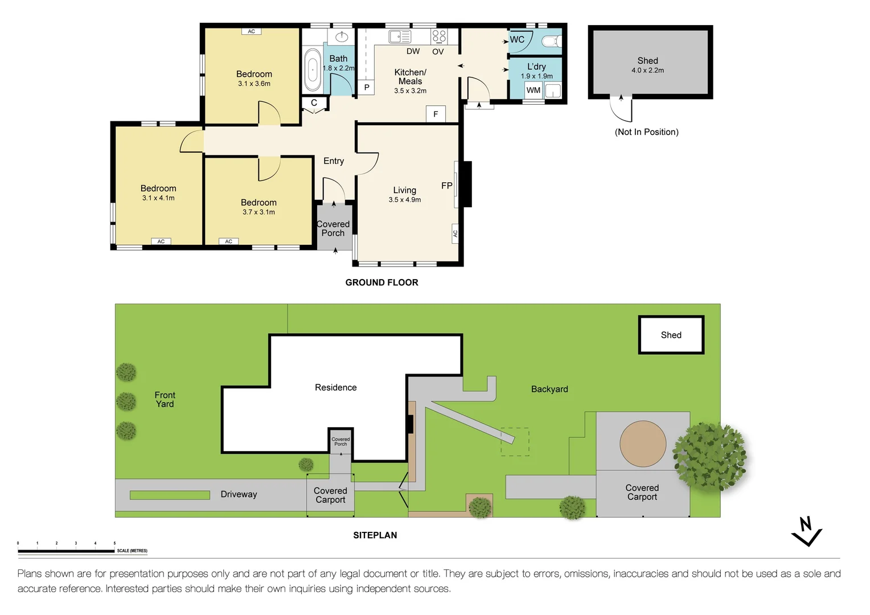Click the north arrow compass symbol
point(807,531)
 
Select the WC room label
point(517,39)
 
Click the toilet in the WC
point(552,41)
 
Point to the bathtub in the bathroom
point(313,70)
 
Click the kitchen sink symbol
point(400,36)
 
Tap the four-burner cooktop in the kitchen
point(439,36)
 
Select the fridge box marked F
point(436,114)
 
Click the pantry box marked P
point(366,88)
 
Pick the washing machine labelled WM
point(534,90)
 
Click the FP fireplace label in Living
point(446,186)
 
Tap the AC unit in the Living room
point(455,233)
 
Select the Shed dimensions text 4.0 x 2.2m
point(647,70)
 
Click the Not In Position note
point(647,132)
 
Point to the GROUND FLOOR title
point(382,282)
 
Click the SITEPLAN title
point(375,535)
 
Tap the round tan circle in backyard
point(643,444)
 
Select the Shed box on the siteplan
point(671,334)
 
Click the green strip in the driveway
point(170,495)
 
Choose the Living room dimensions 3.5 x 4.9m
point(405,200)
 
